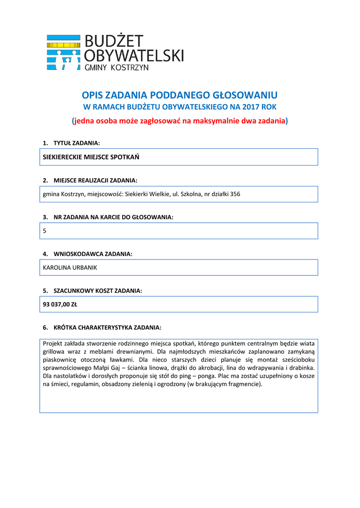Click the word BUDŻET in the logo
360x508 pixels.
[114, 41]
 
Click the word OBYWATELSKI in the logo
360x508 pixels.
[134, 55]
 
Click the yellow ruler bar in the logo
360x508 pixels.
[63, 45]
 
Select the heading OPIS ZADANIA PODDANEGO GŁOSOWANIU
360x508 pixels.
[179, 95]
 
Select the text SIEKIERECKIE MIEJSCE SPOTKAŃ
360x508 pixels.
[91, 157]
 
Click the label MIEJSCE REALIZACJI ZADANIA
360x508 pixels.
[95, 180]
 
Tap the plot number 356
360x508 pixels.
[234, 194]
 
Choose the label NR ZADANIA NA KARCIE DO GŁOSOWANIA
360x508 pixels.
[113, 217]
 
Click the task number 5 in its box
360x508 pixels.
[45, 231]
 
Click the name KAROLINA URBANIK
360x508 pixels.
[70, 267]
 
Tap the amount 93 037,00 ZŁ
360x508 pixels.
[60, 305]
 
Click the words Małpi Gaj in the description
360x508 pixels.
[107, 368]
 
